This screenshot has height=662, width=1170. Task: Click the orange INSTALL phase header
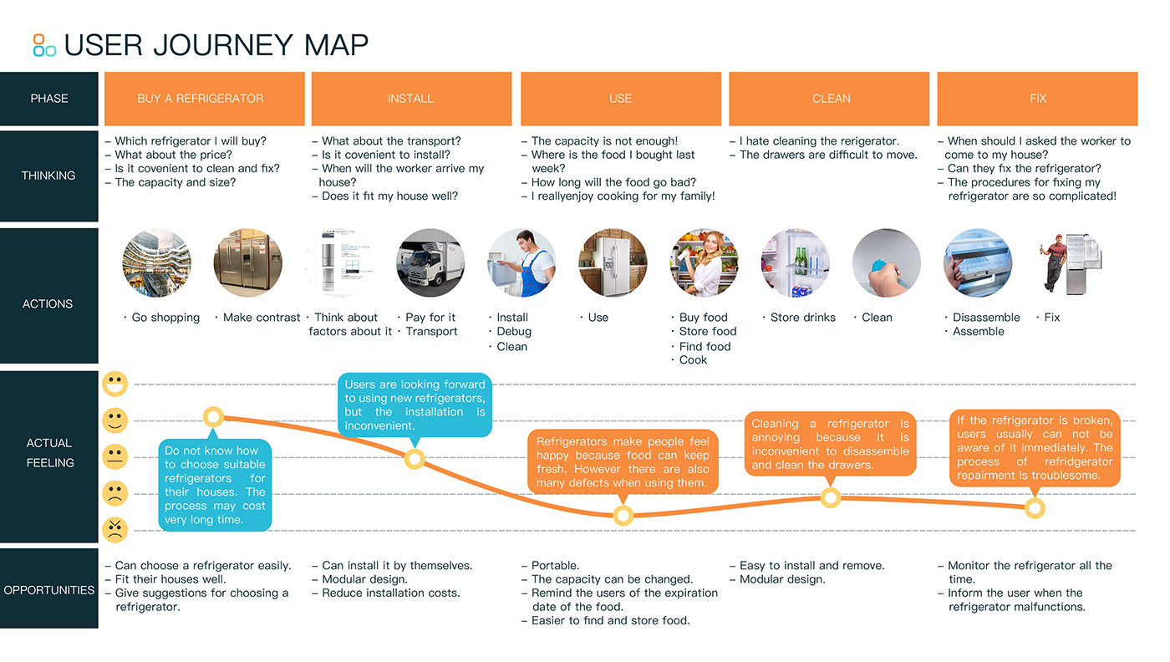pyautogui.click(x=411, y=99)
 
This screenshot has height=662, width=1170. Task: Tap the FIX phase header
pyautogui.click(x=1037, y=99)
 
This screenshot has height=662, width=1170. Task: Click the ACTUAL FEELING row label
pyautogui.click(x=49, y=453)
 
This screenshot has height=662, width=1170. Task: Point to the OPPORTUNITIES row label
pyautogui.click(x=49, y=590)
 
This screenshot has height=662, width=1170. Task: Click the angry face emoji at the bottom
pyautogui.click(x=115, y=529)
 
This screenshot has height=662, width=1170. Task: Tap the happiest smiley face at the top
pyautogui.click(x=115, y=384)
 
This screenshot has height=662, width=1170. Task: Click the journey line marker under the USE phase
pyautogui.click(x=623, y=516)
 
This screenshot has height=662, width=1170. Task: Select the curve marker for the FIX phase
pyautogui.click(x=1035, y=508)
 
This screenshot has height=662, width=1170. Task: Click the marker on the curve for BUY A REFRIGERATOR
pyautogui.click(x=213, y=416)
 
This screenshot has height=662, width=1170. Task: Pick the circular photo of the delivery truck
pyautogui.click(x=430, y=263)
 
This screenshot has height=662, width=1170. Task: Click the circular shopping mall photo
pyautogui.click(x=156, y=263)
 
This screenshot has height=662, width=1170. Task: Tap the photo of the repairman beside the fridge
pyautogui.click(x=1069, y=263)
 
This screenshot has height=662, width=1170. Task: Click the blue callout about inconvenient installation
pyautogui.click(x=415, y=405)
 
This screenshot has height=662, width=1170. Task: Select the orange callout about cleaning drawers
pyautogui.click(x=830, y=444)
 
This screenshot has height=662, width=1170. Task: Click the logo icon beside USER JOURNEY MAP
pyautogui.click(x=44, y=44)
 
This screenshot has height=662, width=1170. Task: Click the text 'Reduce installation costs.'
pyautogui.click(x=390, y=593)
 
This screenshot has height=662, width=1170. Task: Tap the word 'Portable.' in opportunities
pyautogui.click(x=555, y=566)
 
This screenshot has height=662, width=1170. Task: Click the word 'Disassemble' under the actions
pyautogui.click(x=986, y=318)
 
